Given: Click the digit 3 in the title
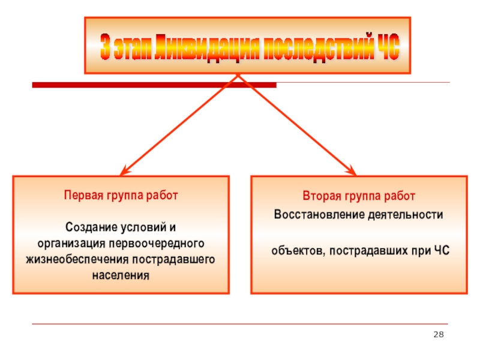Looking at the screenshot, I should pos(106,48).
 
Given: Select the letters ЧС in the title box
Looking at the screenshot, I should pos(386,47).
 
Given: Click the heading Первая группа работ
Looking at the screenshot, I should pos(121,196).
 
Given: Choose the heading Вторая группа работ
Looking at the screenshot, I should pos(358,196).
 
